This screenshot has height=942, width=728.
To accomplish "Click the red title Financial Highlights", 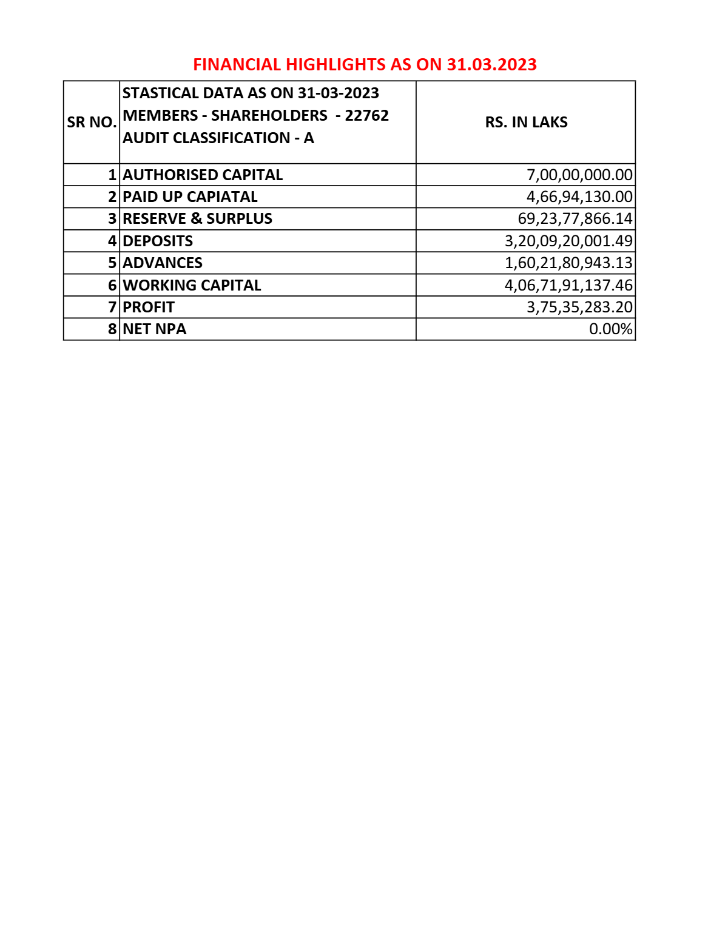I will click(x=365, y=64).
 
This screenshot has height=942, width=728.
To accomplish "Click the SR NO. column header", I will click(x=92, y=123).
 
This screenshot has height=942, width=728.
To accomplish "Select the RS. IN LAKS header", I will click(x=526, y=123).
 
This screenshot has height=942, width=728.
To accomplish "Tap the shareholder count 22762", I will click(x=366, y=115).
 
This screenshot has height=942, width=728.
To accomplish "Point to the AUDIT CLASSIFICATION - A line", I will click(x=218, y=138).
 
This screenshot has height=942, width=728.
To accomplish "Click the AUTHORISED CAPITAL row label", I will click(x=203, y=175).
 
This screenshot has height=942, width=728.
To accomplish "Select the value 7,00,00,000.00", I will click(x=579, y=175).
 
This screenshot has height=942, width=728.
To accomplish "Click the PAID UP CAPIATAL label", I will click(x=190, y=197).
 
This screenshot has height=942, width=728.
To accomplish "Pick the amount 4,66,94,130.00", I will click(x=579, y=197).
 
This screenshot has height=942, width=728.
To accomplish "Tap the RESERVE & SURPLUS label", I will click(x=197, y=218).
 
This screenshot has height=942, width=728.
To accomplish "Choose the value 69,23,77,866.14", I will click(x=575, y=218).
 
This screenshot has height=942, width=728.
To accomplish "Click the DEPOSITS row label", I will click(x=158, y=241).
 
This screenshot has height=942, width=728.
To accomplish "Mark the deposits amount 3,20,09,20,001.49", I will click(x=568, y=241).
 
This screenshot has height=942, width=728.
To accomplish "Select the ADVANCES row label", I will click(x=163, y=263).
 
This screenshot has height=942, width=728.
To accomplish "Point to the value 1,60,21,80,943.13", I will click(x=568, y=263).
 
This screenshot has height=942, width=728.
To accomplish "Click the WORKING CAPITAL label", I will click(x=192, y=285).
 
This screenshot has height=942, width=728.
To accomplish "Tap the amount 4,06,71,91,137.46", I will click(x=568, y=285).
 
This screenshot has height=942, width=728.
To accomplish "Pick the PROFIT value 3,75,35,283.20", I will click(x=579, y=307).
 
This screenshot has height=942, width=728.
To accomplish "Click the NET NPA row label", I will click(x=155, y=329).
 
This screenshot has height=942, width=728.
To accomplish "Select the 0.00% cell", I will click(x=610, y=329).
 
